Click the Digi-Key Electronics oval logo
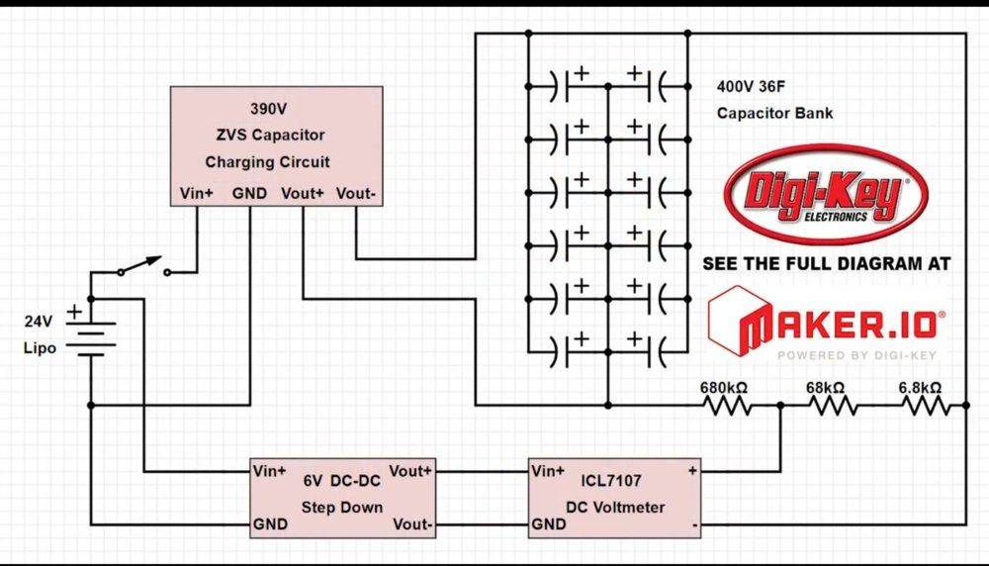[x=826, y=194]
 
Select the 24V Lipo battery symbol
[x=91, y=336]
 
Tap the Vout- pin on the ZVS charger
[x=355, y=194]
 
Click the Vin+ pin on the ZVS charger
[x=196, y=194]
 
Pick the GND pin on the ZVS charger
[x=249, y=194]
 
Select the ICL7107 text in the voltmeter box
[x=612, y=482]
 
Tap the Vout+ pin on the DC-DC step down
[x=410, y=469]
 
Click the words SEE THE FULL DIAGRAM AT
[x=826, y=264]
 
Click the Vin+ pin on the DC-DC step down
[x=270, y=469]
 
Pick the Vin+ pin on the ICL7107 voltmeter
[x=549, y=470]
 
